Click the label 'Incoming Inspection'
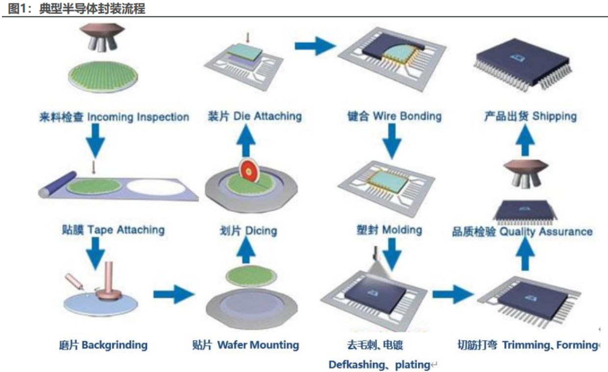138,117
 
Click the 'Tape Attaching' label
126,230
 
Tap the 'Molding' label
402,230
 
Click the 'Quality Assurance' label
546,231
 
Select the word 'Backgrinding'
114,345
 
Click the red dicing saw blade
249,172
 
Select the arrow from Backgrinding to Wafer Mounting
174,294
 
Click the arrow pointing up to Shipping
527,142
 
